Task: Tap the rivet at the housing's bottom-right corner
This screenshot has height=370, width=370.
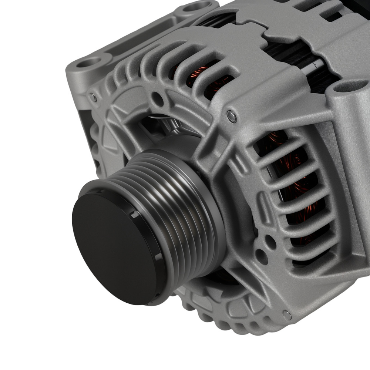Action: [287, 314]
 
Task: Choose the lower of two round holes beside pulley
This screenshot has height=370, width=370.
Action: [262, 255]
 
